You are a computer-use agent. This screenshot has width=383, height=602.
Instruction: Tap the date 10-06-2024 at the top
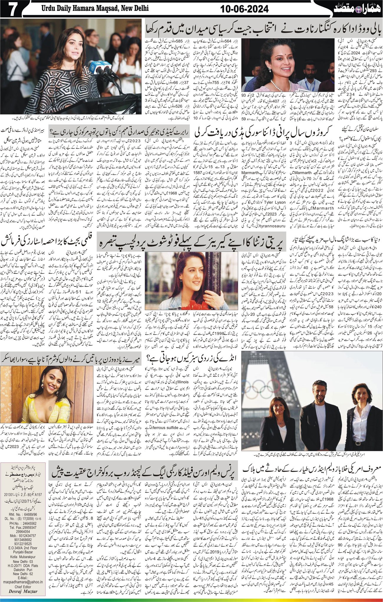pos(245,9)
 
